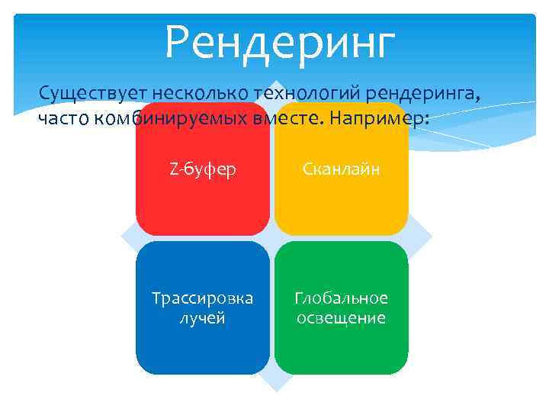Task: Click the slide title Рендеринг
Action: pos(280,43)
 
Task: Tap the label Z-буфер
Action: pos(202,169)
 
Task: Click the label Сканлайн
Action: pos(341,169)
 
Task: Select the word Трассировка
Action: pos(202,298)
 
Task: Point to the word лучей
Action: pos(202,317)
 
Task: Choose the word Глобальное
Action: pos(341,298)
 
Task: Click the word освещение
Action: pos(341,317)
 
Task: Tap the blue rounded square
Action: pos(202,343)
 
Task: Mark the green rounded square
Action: pos(341,343)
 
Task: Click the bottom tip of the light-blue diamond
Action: pos(272,390)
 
